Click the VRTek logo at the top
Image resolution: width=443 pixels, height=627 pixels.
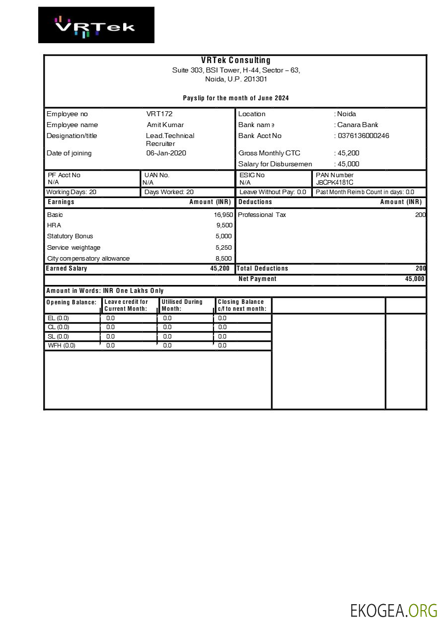coord(96,25)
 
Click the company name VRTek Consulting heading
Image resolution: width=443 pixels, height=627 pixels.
coord(235,61)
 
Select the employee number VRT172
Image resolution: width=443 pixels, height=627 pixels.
coord(159,114)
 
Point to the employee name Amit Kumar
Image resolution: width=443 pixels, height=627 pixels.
coord(165,125)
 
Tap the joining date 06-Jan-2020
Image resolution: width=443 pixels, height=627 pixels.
coord(166,153)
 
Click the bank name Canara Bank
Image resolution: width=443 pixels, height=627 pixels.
coord(358,125)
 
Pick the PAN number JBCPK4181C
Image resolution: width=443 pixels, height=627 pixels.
coord(335,183)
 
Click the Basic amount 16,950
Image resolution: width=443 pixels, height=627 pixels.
coord(223,215)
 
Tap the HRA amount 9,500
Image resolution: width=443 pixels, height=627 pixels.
coord(224,225)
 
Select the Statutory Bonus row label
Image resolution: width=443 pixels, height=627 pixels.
coord(70,236)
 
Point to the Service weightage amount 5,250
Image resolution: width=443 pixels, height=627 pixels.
coord(223,248)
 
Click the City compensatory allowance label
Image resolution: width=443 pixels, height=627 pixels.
coord(88,259)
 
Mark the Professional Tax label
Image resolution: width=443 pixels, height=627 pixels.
coord(262,215)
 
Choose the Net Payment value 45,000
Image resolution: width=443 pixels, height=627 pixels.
coord(415,279)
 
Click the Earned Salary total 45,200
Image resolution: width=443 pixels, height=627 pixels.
coord(220,269)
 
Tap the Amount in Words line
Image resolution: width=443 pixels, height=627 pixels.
coord(105,291)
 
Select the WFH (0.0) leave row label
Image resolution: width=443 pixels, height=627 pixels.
coord(62,346)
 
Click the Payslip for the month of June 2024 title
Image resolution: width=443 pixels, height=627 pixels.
coord(235,98)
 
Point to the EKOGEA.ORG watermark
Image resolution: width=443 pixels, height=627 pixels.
coord(393,611)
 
